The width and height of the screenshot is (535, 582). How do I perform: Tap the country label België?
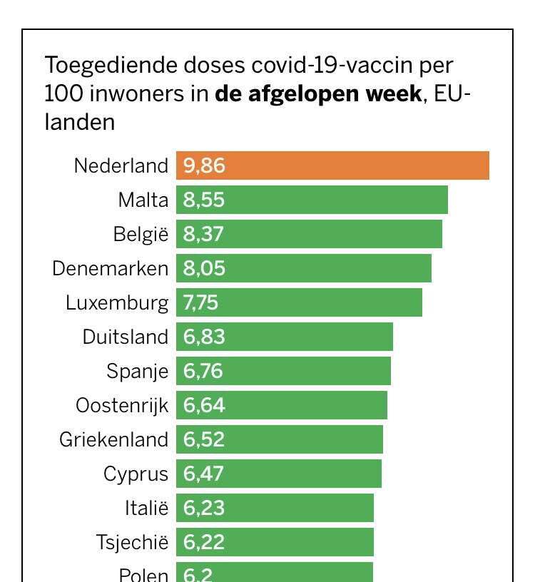141,234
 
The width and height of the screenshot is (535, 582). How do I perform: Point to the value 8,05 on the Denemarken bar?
204,268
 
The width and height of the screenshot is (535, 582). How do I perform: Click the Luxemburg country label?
117,302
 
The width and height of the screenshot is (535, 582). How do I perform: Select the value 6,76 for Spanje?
204,371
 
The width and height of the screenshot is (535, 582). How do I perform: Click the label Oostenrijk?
122,405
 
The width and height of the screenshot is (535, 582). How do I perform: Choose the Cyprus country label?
136,474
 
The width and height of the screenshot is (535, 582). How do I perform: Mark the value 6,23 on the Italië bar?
204,508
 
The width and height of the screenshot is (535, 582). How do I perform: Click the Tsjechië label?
132,542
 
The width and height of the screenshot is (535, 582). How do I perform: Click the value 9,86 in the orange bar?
204,165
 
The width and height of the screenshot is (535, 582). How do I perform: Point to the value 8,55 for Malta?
204,200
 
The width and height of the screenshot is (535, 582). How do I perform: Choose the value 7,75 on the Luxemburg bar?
201,302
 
